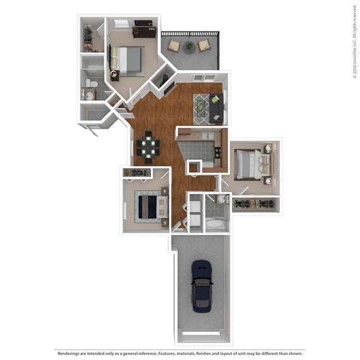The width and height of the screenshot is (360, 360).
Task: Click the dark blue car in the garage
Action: pyautogui.click(x=201, y=286)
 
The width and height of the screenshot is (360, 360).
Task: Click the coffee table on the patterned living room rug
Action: pyautogui.click(x=201, y=108)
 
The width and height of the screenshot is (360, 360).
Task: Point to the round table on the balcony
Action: pyautogui.click(x=189, y=46)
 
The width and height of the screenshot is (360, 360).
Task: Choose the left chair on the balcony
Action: pyautogui.click(x=175, y=46)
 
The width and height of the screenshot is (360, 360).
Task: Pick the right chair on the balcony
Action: pyautogui.click(x=204, y=45)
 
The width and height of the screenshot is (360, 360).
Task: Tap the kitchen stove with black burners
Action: pyautogui.click(x=217, y=153)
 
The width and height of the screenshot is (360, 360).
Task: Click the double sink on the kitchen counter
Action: pyautogui.click(x=208, y=135)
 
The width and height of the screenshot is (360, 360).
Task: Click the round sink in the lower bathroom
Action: pyautogui.click(x=222, y=199)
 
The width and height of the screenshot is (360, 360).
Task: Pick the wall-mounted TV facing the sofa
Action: pyautogui.click(x=169, y=89)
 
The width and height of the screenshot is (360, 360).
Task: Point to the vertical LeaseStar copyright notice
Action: pyautogui.click(x=355, y=46)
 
